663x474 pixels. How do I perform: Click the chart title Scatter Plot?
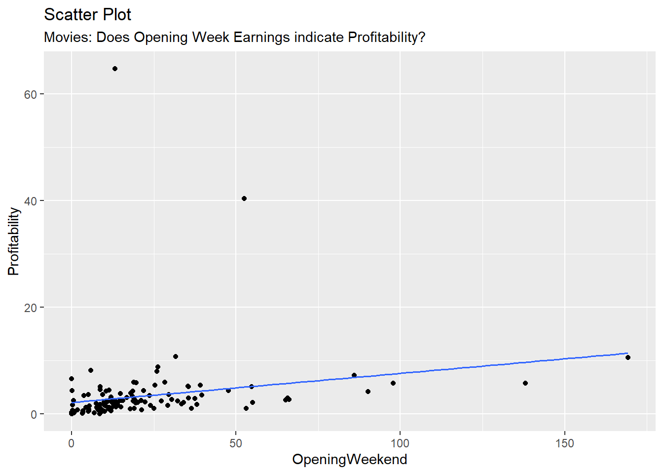[87, 15]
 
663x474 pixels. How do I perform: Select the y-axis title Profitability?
[14, 241]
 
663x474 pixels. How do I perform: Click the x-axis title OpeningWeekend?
[349, 459]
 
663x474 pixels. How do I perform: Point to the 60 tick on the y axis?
[31, 94]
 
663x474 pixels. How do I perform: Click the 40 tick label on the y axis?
[31, 201]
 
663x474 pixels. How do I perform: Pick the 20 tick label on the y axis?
[31, 308]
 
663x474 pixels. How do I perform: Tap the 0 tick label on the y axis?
[34, 414]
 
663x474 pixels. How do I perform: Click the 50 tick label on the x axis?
[236, 443]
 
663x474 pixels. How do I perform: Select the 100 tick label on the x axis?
[400, 443]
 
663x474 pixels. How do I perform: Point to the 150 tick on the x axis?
[564, 443]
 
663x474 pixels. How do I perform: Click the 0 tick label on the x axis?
[72, 443]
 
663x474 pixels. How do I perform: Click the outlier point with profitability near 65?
[115, 69]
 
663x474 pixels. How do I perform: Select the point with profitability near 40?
[244, 198]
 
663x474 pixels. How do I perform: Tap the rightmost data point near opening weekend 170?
[627, 357]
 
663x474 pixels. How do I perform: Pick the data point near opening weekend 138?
[525, 383]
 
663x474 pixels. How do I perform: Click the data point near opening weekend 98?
[393, 383]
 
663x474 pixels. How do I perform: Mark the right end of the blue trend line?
[627, 354]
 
